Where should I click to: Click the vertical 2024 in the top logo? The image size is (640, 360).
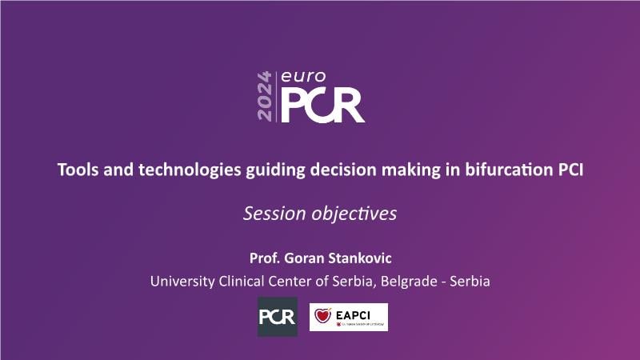click(x=265, y=96)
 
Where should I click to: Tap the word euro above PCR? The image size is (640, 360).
click(x=303, y=76)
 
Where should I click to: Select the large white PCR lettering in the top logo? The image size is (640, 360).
click(x=322, y=106)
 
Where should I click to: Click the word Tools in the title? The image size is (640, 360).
click(x=78, y=170)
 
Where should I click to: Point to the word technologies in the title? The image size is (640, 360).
click(x=190, y=170)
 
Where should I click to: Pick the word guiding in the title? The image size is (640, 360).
click(x=275, y=170)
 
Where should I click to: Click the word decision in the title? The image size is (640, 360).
click(x=343, y=170)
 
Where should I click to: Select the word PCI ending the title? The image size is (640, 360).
click(x=570, y=170)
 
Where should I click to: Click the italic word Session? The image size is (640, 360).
click(x=274, y=214)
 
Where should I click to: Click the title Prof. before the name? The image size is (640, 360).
click(x=265, y=258)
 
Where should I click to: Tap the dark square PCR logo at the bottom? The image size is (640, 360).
click(x=278, y=317)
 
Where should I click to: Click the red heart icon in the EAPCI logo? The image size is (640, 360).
click(x=322, y=315)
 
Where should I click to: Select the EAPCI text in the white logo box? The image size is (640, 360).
click(x=353, y=315)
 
